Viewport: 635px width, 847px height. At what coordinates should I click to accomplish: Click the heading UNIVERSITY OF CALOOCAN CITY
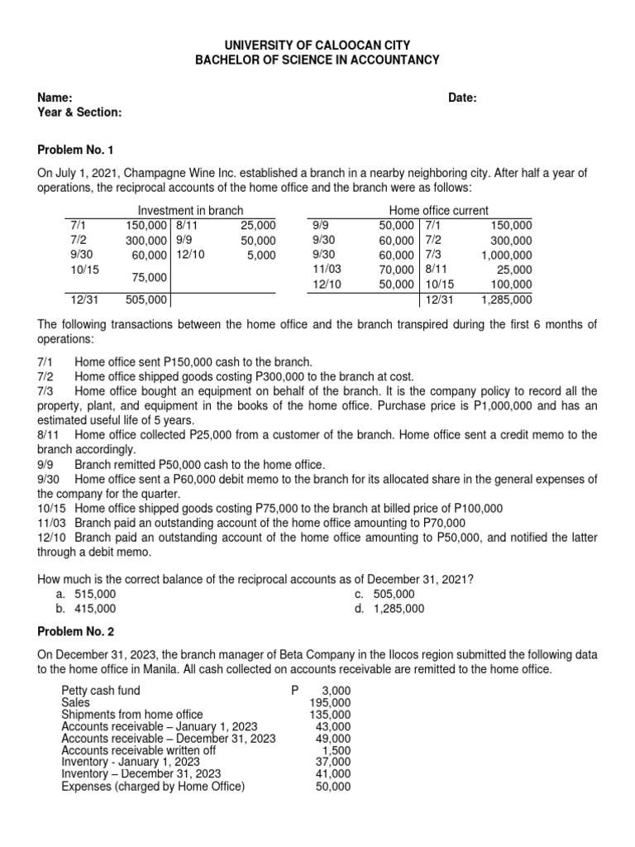317,45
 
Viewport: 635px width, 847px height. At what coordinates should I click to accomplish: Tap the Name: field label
55,98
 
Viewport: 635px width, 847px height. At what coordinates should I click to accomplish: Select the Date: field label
462,98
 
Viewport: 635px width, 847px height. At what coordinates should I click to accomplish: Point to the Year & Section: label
80,112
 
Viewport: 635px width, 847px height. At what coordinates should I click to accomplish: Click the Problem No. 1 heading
79,150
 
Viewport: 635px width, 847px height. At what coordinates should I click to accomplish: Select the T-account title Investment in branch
190,211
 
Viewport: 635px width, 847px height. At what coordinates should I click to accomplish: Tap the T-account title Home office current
438,211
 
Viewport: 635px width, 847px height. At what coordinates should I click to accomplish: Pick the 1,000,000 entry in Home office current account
506,255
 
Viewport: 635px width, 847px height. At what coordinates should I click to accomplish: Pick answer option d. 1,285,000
389,608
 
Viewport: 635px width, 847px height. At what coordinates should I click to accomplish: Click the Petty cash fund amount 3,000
335,690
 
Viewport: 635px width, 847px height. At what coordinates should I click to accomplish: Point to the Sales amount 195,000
330,702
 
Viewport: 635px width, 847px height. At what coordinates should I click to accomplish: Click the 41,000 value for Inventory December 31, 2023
333,774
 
